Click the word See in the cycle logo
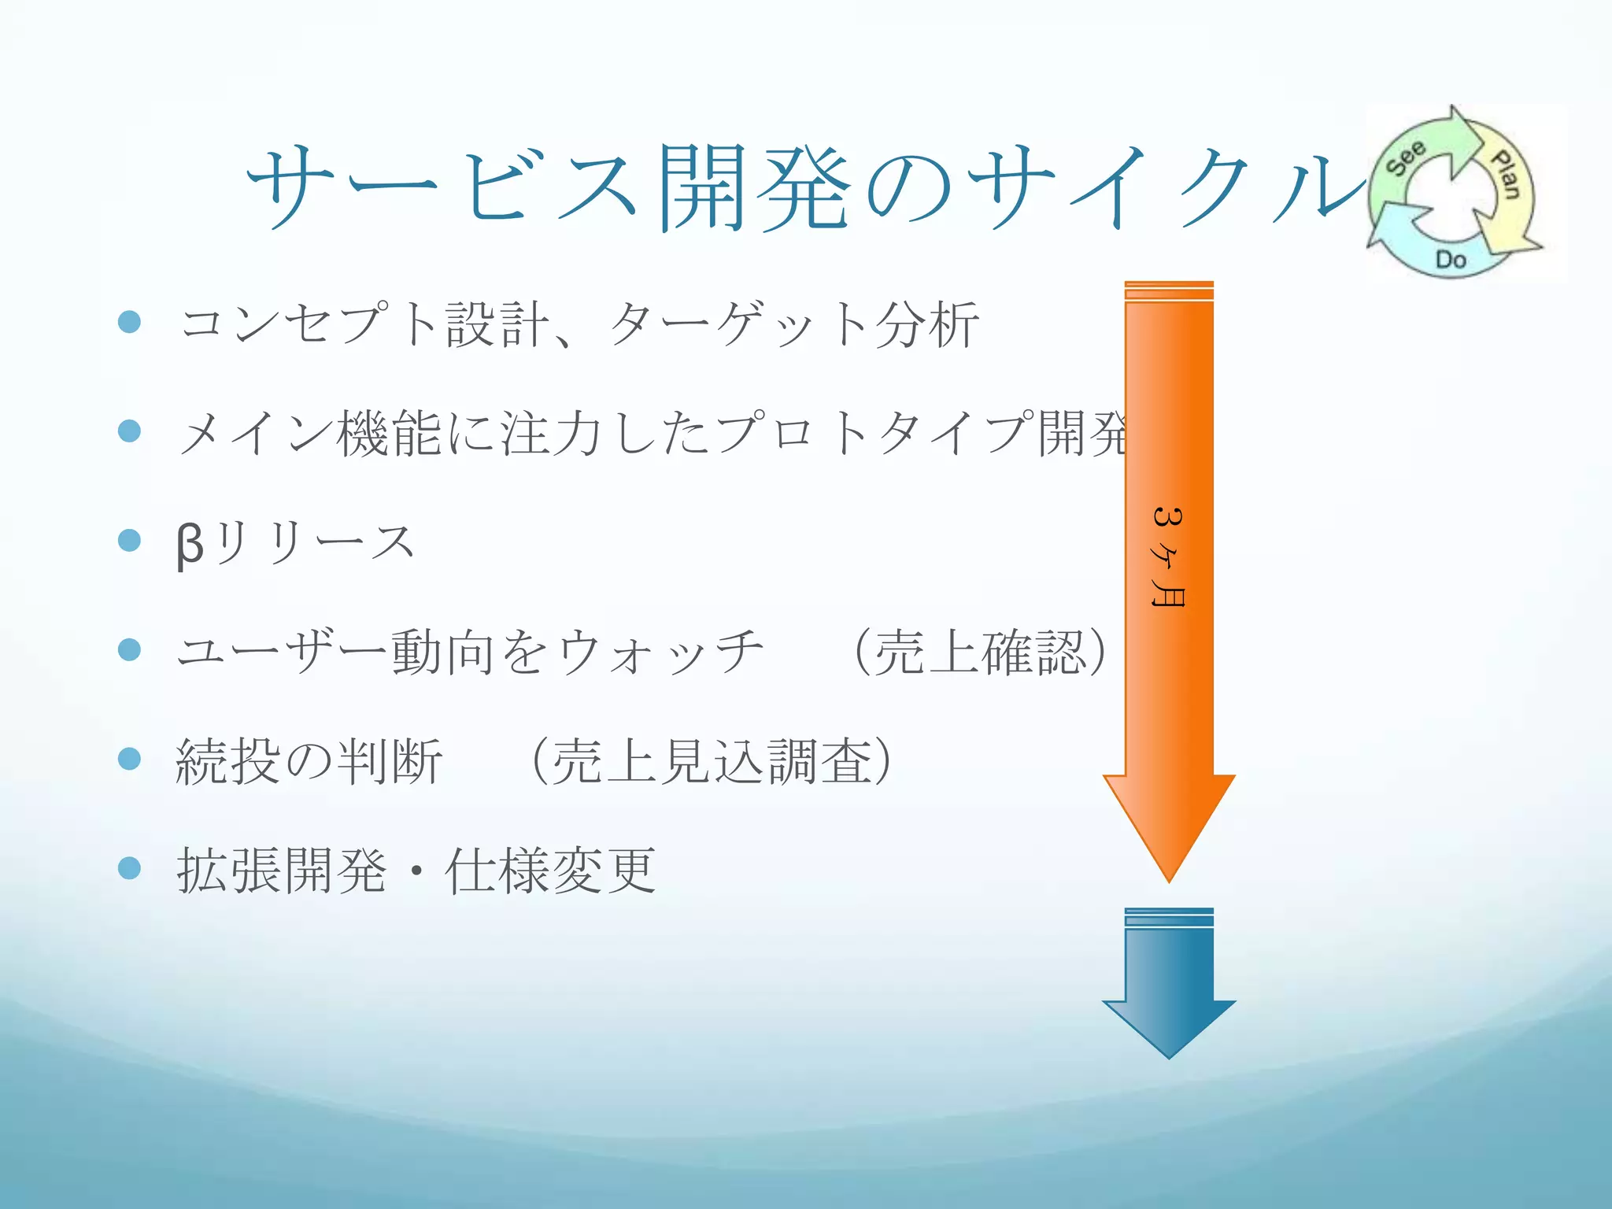click(x=1406, y=157)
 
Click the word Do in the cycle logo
click(x=1451, y=259)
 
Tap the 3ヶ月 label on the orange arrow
click(x=1168, y=557)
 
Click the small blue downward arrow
click(x=1169, y=992)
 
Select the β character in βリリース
click(x=190, y=544)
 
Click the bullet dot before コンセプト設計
click(x=129, y=321)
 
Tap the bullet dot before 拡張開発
click(x=129, y=868)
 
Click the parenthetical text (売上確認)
click(x=981, y=653)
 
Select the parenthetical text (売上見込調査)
click(x=712, y=762)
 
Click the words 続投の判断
click(x=309, y=762)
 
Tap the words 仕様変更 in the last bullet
click(x=550, y=871)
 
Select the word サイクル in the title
click(x=1165, y=189)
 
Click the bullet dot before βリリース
click(x=129, y=540)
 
